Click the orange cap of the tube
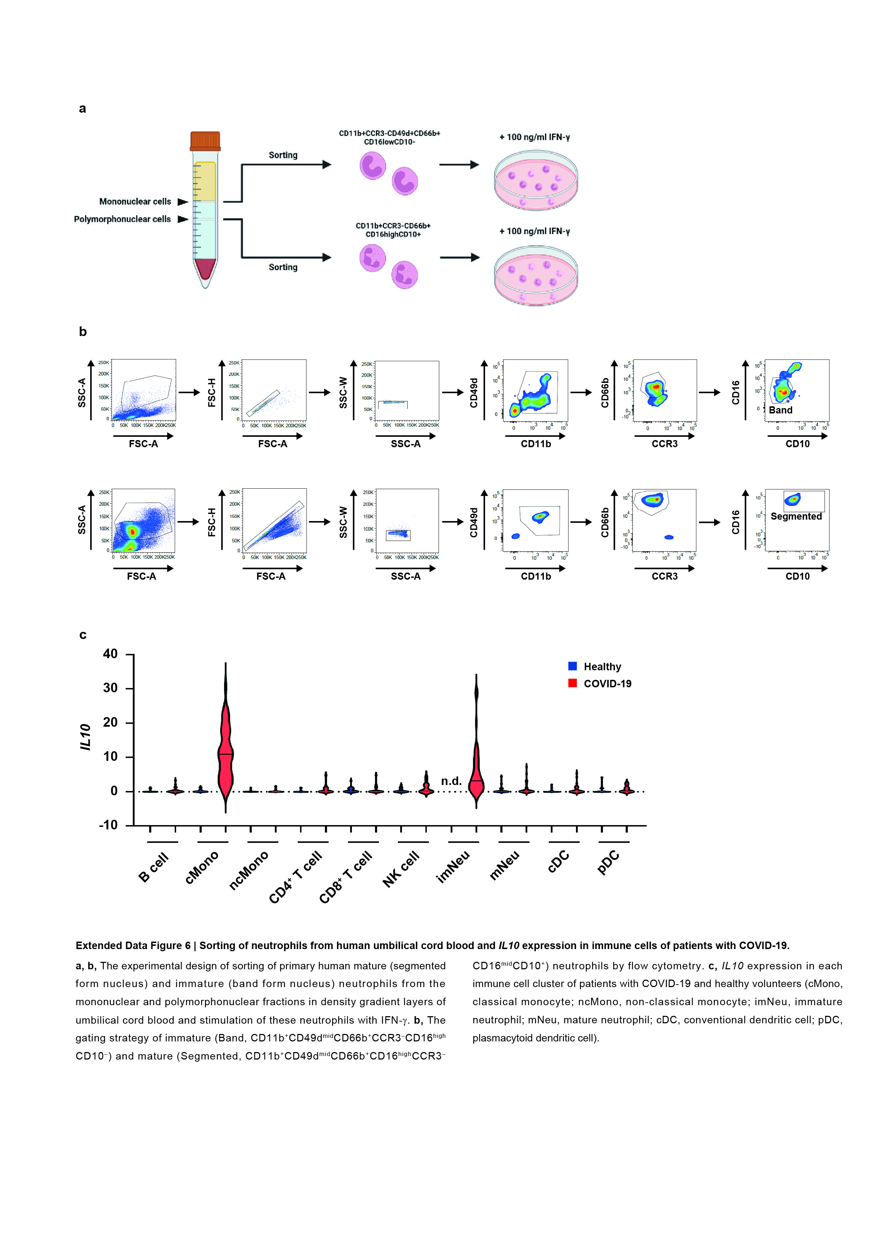(x=205, y=141)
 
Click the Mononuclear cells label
(x=135, y=202)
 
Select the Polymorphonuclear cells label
(x=123, y=219)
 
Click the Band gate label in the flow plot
(x=781, y=410)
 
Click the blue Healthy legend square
(x=572, y=666)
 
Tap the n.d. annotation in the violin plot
(x=451, y=781)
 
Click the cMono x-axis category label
(x=202, y=867)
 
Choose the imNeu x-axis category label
(x=453, y=867)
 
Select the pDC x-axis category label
(x=608, y=862)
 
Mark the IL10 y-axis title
(x=86, y=737)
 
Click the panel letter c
(x=83, y=635)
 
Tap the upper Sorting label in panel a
(x=283, y=155)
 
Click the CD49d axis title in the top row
(x=474, y=393)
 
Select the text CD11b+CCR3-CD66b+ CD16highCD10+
(x=393, y=230)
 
